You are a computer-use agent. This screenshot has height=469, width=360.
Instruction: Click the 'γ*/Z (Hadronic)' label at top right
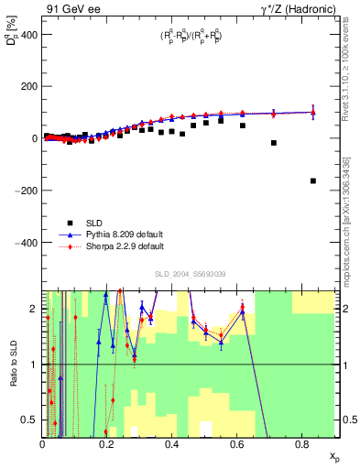click(299, 8)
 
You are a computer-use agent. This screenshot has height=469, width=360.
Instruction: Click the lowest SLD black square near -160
click(313, 180)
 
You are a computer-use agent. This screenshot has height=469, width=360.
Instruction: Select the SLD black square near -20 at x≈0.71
click(274, 143)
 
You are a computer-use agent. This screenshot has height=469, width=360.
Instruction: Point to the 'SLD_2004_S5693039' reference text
click(191, 273)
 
